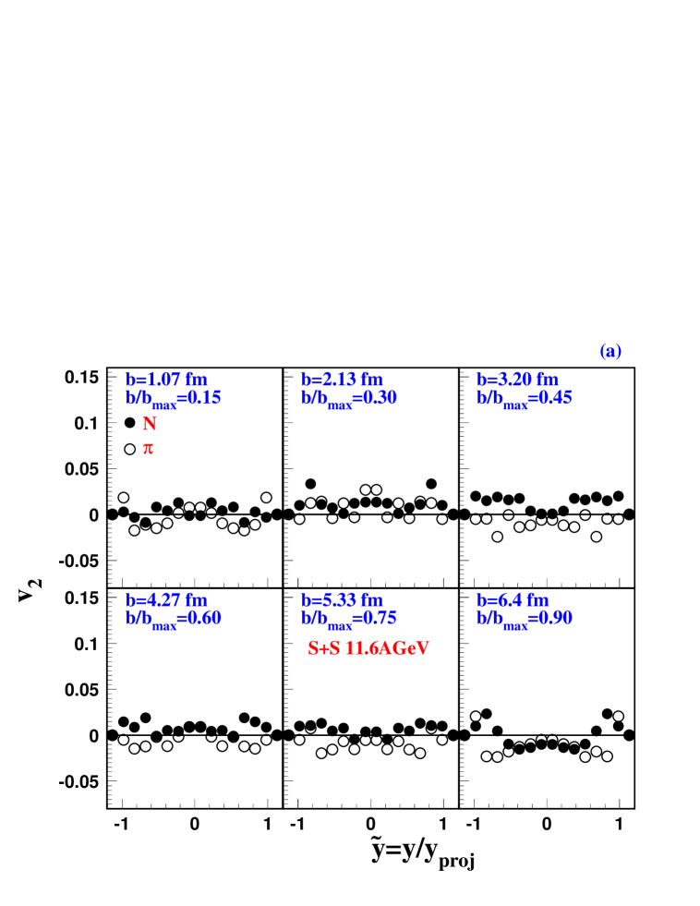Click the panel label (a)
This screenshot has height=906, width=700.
[609, 352]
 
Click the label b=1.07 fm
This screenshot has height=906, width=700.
[166, 380]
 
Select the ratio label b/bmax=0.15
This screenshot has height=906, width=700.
[174, 398]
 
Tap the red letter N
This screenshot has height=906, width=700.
[149, 424]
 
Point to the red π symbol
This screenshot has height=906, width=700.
[148, 449]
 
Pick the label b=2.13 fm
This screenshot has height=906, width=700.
[342, 380]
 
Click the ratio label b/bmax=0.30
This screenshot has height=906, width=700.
[349, 398]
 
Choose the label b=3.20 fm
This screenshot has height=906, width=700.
[517, 380]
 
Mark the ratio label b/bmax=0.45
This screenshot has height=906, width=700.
[525, 398]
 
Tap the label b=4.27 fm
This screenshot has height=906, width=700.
[166, 600]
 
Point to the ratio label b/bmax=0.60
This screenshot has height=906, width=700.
[174, 619]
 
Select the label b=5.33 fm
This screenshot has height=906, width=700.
[342, 600]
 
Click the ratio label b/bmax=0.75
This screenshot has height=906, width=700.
[349, 619]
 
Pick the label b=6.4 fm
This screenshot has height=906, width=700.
[513, 600]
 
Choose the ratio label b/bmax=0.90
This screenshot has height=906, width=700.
[525, 619]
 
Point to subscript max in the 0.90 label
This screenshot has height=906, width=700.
[515, 626]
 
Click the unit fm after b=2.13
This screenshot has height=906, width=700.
[371, 380]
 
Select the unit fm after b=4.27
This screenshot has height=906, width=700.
[196, 600]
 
